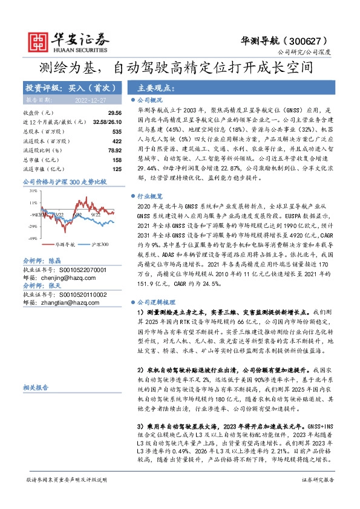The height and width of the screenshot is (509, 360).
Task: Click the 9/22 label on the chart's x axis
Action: pos(96,215)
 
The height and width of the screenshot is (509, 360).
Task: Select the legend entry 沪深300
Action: pos(99,245)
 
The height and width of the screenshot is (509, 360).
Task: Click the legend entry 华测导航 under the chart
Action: pos(65,245)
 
